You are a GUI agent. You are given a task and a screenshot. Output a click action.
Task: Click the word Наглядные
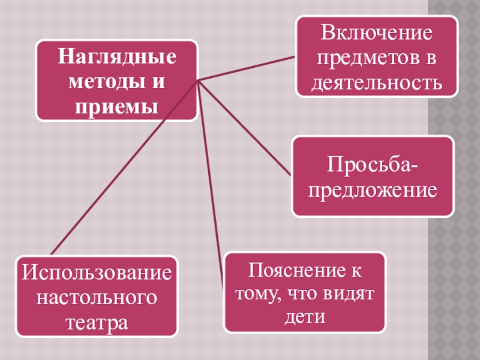(117, 59)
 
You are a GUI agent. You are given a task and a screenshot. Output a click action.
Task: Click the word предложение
(373, 191)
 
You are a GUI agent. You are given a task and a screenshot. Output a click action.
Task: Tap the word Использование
(97, 273)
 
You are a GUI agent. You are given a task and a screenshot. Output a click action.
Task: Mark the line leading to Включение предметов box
(246, 69)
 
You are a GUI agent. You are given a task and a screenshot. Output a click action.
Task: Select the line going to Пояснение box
(211, 183)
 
